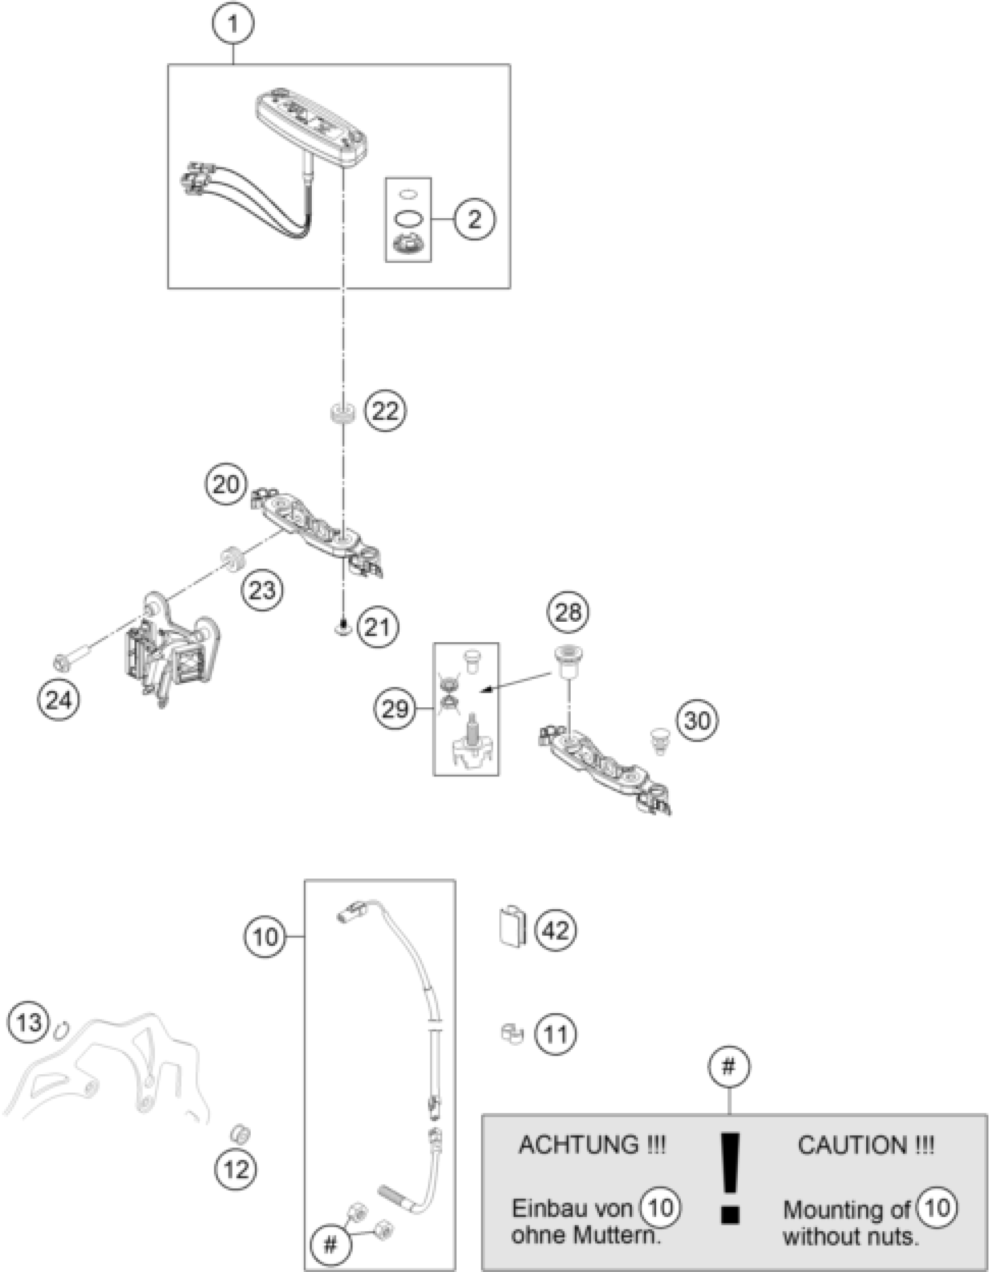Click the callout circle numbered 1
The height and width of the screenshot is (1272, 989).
233,24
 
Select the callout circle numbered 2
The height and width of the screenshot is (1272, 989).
475,219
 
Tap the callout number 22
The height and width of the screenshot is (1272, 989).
385,412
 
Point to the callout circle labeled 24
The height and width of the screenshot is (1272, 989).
58,700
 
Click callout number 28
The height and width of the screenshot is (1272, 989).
568,612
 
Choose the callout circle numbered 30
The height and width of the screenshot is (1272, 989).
697,721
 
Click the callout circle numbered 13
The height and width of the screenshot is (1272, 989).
29,1022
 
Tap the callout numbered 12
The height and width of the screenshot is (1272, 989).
236,1168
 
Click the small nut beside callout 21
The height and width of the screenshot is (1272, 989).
343,628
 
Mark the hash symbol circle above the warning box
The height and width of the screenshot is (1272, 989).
728,1067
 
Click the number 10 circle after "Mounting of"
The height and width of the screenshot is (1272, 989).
937,1207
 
